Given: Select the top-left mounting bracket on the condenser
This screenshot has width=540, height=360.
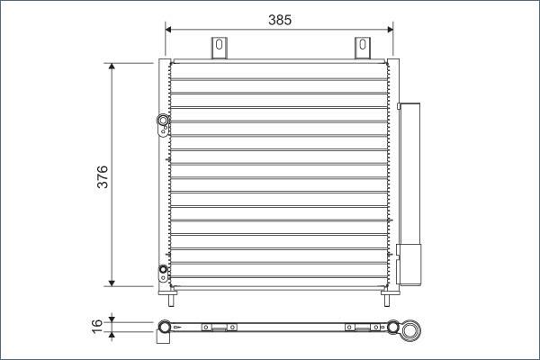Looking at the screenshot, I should point(218,48).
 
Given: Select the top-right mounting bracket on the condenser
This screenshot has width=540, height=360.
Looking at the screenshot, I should point(362,48).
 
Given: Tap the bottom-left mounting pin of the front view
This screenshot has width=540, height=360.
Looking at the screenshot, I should point(167,292).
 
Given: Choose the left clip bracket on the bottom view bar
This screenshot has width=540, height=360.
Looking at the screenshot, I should point(217,327).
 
